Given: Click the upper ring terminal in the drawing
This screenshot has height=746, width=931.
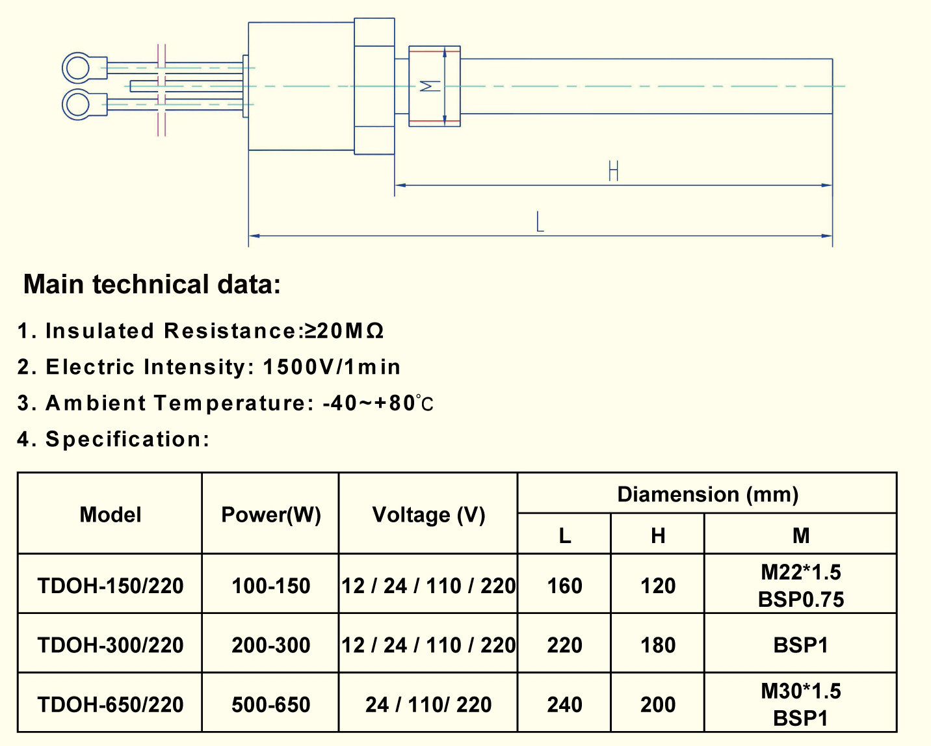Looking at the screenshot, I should point(77,68).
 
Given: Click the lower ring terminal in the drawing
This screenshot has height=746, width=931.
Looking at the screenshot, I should point(77,104).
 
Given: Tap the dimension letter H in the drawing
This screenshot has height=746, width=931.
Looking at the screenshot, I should point(613,171).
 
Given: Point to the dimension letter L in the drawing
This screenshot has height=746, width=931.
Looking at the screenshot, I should point(540,222).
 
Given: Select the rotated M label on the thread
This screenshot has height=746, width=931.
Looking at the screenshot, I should point(429,86).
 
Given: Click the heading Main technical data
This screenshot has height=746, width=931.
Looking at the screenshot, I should point(151,284).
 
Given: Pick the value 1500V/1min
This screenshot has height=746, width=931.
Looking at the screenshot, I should point(332,367).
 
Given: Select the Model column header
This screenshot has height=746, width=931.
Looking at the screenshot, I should point(110,514).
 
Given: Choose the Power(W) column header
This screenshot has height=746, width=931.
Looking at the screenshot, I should point(270,514).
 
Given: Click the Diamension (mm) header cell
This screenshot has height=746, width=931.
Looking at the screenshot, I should point(707,494).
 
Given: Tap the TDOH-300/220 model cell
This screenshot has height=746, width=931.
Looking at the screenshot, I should point(110,645).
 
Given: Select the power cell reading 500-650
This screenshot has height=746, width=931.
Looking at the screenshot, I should point(270,704).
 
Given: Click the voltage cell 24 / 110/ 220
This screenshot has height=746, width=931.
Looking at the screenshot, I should point(428,704).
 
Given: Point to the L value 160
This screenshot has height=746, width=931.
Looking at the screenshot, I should point(564,585).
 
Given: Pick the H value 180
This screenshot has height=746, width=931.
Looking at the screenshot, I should point(658,645).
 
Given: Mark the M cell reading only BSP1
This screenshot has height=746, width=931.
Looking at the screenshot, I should point(800,645).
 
